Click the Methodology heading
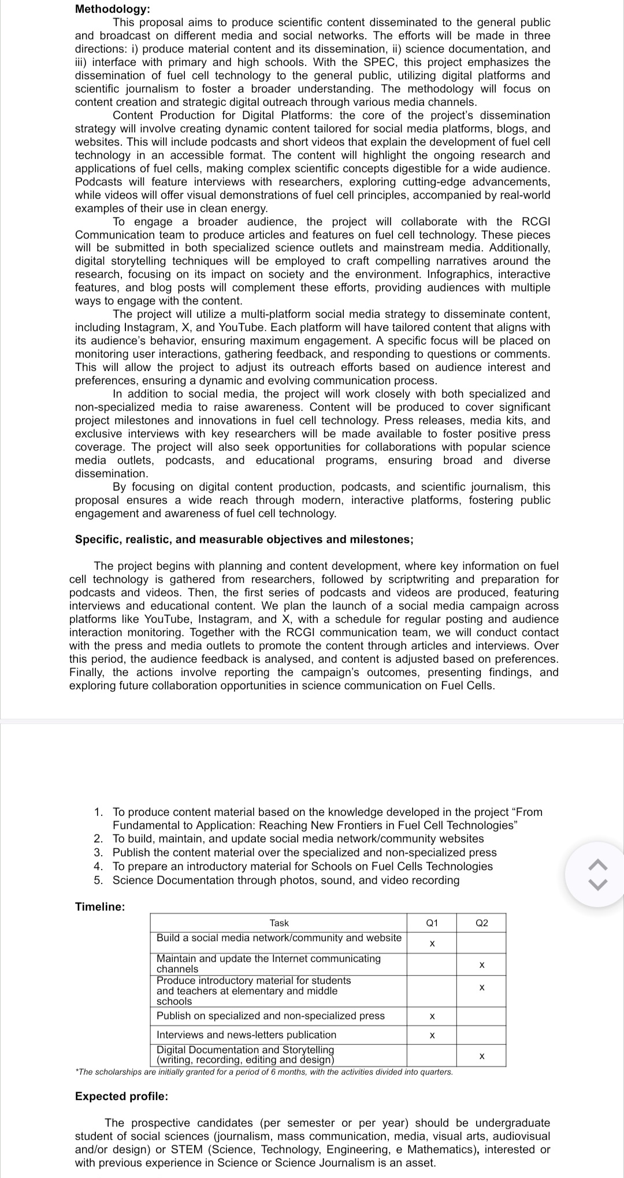pos(113,9)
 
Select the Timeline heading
pos(100,906)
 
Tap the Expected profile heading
pos(122,1096)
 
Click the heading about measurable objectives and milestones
pos(244,539)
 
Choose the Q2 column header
pos(481,923)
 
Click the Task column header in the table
pos(279,923)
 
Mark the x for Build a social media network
pos(432,944)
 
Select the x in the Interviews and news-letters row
pos(432,1035)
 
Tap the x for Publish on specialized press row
pos(432,1016)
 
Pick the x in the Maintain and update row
pos(481,965)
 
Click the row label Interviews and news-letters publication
pos(246,1035)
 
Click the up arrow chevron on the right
pos(598,865)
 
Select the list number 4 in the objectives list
pos(99,866)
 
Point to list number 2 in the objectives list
pos(99,838)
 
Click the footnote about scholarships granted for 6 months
pos(264,1072)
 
